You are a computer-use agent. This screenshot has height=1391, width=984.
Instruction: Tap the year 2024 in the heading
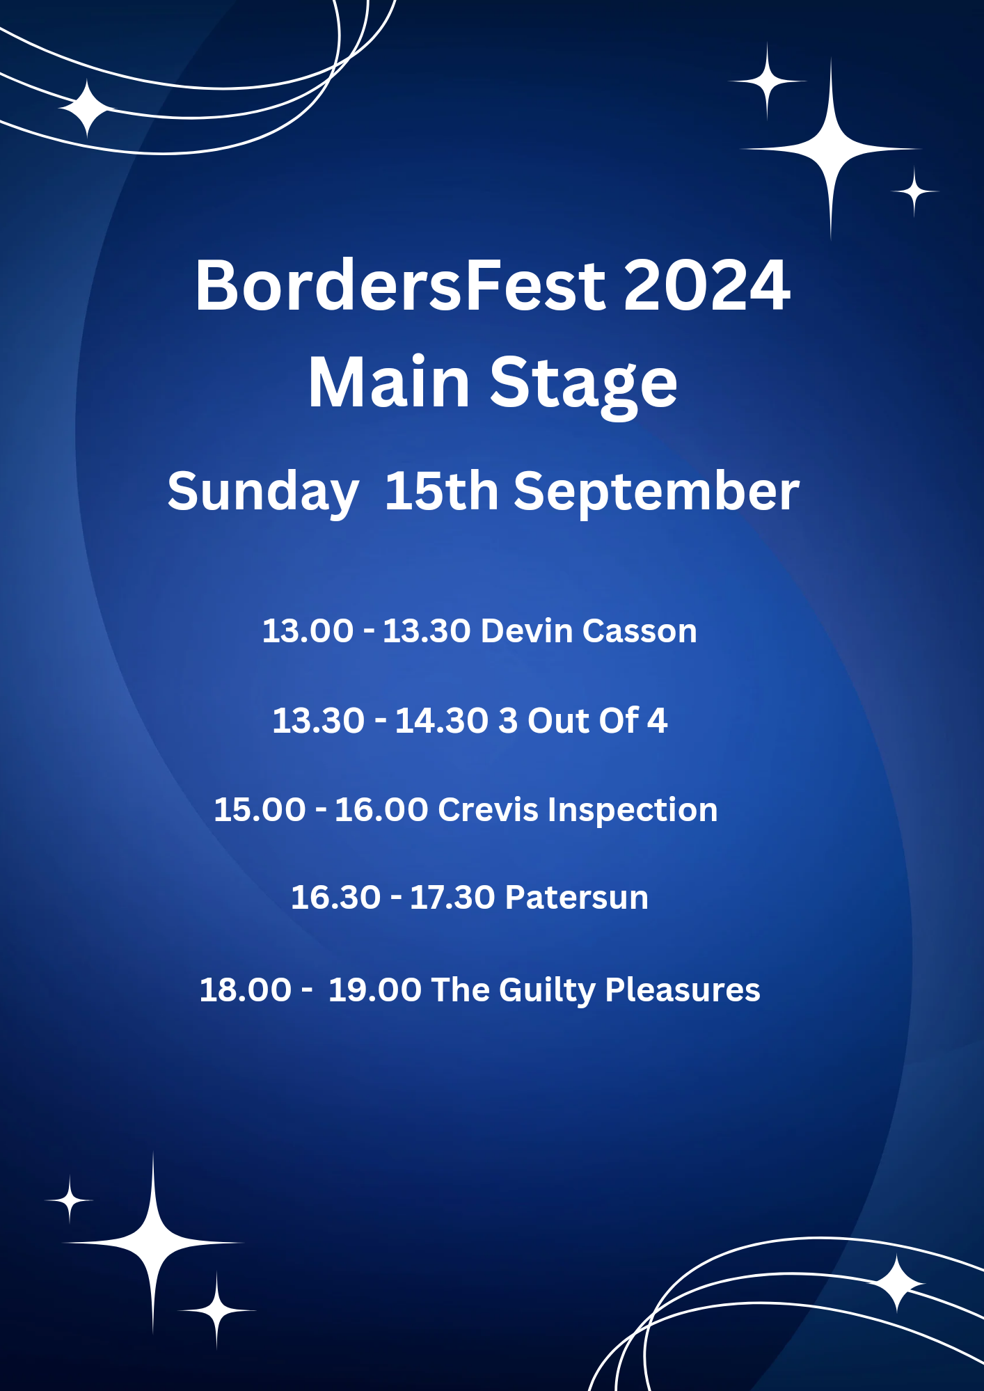click(x=707, y=285)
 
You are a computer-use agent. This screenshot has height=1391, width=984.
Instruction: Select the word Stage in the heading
click(x=583, y=385)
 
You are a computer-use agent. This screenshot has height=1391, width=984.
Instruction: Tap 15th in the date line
click(x=441, y=491)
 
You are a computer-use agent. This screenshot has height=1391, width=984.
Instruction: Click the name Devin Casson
click(x=589, y=630)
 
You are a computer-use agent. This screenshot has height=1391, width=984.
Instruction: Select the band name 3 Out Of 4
click(x=583, y=720)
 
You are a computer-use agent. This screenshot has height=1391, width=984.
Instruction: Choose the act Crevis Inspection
click(x=578, y=811)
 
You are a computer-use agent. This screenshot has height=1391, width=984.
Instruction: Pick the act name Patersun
click(x=577, y=897)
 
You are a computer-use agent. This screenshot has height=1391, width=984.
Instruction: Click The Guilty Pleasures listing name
click(x=596, y=990)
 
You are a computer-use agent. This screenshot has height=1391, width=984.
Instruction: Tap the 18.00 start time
click(x=246, y=989)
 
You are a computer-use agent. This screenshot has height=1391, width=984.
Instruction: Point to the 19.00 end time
click(x=375, y=989)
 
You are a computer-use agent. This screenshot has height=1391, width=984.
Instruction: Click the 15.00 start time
click(x=260, y=810)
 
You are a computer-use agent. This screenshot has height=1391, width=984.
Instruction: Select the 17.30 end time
click(x=452, y=897)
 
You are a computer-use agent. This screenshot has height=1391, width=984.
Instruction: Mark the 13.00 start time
click(x=308, y=630)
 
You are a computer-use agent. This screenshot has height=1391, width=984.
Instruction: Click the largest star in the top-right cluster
click(x=831, y=148)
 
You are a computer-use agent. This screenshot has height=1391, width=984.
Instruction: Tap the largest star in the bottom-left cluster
click(x=153, y=1242)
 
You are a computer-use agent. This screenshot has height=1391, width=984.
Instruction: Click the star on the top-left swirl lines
click(x=86, y=109)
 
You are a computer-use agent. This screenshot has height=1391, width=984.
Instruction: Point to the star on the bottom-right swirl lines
click(x=898, y=1284)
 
